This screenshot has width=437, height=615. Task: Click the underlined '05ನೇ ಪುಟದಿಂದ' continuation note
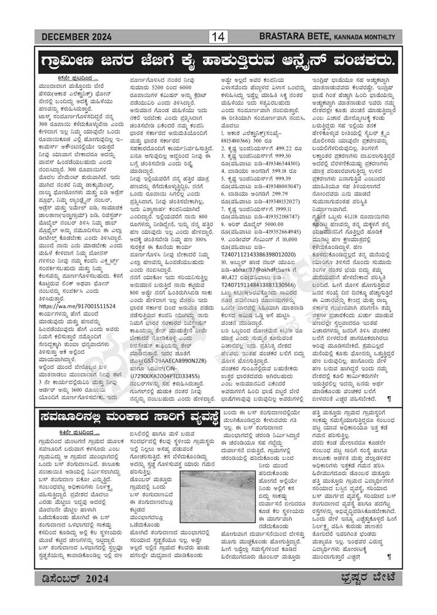[76, 79]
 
